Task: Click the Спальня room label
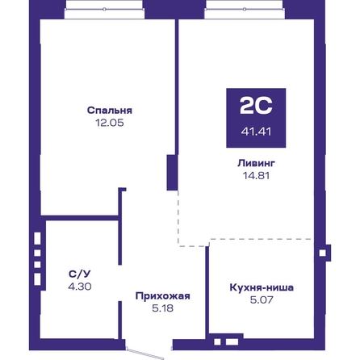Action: click(110, 111)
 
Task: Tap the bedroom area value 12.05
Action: click(110, 123)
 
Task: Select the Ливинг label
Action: click(256, 163)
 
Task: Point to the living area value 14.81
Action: click(256, 175)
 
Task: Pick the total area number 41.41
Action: click(256, 132)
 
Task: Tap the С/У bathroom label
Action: click(80, 274)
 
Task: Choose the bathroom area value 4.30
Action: click(80, 287)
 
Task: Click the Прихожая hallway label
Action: click(163, 296)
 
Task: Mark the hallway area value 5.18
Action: click(163, 308)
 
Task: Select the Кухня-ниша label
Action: click(262, 287)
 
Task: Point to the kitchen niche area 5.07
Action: click(262, 299)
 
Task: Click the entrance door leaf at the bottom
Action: click(145, 354)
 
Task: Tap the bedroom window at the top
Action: click(104, 10)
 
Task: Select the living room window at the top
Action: click(245, 10)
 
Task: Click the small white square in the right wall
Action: click(322, 253)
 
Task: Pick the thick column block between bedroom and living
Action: click(172, 173)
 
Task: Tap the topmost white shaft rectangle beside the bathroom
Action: click(37, 238)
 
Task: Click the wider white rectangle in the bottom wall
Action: click(232, 341)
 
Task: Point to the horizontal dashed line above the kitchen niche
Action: click(262, 239)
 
